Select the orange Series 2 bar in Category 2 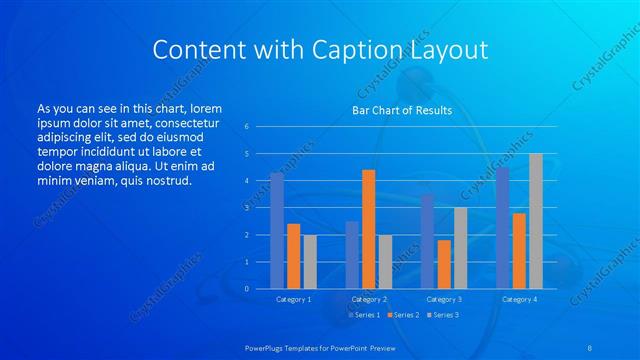coord(368,229)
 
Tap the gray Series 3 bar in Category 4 coord(535,221)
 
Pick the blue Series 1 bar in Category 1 coord(277,230)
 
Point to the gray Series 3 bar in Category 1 coord(310,261)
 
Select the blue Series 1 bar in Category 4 coord(502,227)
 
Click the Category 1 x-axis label coord(293,299)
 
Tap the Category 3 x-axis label coord(444,299)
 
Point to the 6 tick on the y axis coord(246,127)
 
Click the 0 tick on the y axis coord(246,288)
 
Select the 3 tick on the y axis coord(246,208)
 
